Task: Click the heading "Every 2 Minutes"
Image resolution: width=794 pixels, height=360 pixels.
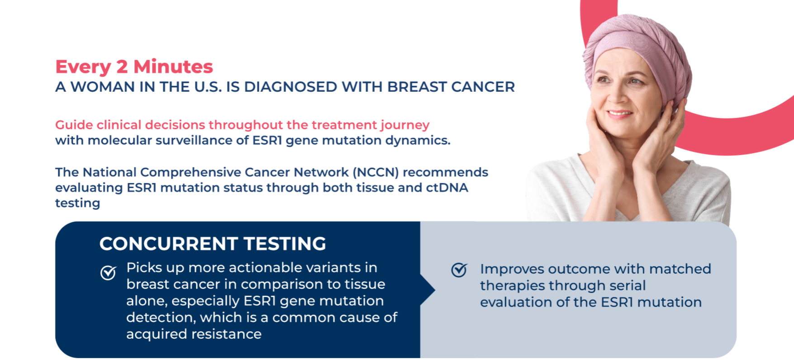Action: [x=134, y=67]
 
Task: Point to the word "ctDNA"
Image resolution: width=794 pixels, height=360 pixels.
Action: [x=447, y=188]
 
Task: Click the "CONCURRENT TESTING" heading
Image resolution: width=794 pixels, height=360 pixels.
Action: [x=213, y=244]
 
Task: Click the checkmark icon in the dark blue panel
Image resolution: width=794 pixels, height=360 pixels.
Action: [x=108, y=273]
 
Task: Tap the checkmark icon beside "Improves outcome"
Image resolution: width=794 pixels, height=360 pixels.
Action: [x=459, y=270]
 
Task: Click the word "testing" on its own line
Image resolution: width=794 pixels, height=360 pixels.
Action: [x=77, y=204]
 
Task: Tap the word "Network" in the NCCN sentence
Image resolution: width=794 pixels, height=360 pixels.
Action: [x=321, y=172]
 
